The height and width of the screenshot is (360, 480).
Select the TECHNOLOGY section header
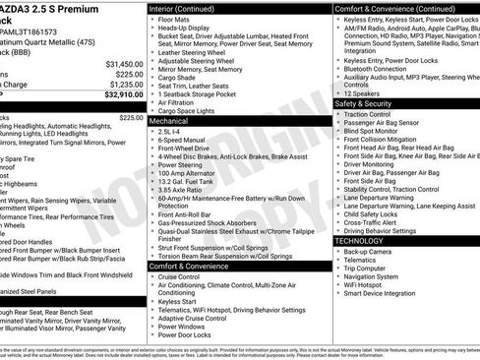[360, 241]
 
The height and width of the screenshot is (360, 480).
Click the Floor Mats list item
[176, 18]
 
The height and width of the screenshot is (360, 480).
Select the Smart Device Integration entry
[387, 293]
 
